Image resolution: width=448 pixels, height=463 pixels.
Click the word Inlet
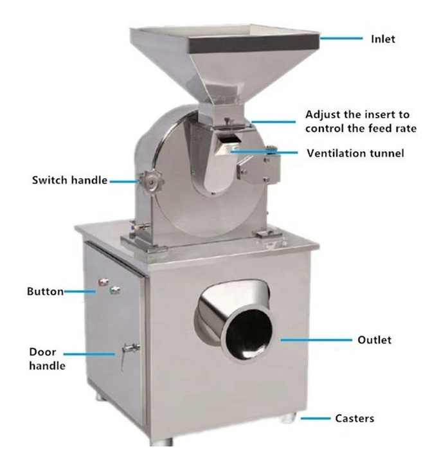pos(383,39)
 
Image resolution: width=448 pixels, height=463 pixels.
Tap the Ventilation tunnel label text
pos(355,153)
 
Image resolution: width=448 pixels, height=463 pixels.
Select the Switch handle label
pos(69,180)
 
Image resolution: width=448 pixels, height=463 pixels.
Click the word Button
pos(45,291)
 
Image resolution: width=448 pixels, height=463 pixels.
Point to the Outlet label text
pos(375,340)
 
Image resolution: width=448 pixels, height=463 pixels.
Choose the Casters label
pos(354,419)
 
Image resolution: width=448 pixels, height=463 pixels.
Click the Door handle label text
pos(47,359)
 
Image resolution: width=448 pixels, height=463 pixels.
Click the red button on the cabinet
pos(103,282)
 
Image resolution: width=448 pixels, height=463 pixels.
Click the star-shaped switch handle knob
pos(152,182)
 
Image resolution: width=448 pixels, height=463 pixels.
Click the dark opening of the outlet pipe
pos(249,335)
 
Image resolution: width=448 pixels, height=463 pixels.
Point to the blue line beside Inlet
pos(341,38)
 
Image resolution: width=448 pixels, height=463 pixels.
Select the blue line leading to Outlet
pos(316,340)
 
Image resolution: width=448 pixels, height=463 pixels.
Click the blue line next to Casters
pos(316,418)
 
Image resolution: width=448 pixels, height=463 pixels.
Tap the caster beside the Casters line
pos(288,417)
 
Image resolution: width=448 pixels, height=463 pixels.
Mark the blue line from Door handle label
pos(89,354)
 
